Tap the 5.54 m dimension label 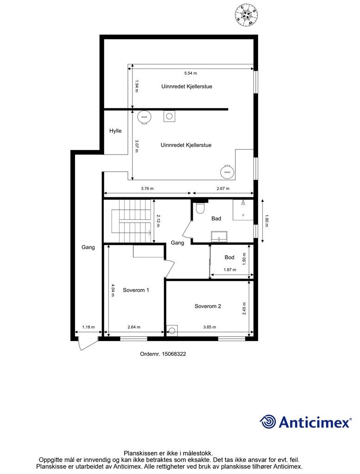click(x=190, y=73)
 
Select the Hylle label click(x=115, y=131)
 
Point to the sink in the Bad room click(x=218, y=237)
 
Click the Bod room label click(x=229, y=257)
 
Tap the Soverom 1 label click(x=136, y=290)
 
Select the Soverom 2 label click(x=208, y=306)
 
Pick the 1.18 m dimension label click(x=88, y=327)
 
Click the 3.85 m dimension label click(x=210, y=327)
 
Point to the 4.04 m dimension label click(x=113, y=290)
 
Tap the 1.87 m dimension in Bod click(x=230, y=270)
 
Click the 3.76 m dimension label click(x=147, y=188)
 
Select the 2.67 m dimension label click(x=223, y=188)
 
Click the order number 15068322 click(x=163, y=354)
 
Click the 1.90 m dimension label click(x=266, y=220)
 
